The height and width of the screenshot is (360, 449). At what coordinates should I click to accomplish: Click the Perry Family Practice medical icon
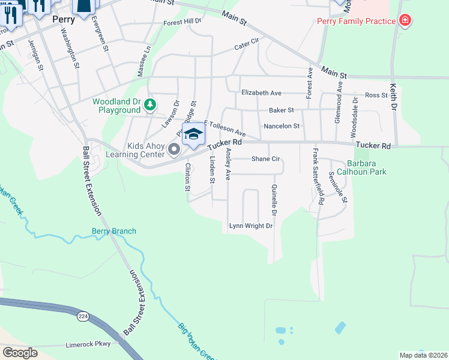tap(406, 21)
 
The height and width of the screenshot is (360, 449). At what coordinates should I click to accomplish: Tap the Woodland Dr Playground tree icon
tap(150, 106)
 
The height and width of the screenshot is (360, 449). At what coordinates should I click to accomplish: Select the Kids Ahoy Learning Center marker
tap(175, 149)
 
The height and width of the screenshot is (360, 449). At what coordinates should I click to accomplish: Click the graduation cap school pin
tap(193, 134)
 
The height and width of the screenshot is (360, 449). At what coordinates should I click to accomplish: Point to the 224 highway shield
tap(80, 316)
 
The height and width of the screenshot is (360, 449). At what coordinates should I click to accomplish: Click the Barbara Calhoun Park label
tap(367, 167)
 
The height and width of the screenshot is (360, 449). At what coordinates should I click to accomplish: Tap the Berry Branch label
tap(114, 231)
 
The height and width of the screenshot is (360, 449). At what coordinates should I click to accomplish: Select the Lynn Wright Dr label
tap(251, 226)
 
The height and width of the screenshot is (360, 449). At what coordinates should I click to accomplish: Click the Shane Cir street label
tap(266, 159)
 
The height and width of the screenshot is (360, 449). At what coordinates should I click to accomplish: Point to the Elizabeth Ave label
tap(261, 93)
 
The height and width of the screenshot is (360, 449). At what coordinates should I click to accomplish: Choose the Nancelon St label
tap(282, 126)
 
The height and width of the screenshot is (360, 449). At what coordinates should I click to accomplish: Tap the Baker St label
tap(281, 110)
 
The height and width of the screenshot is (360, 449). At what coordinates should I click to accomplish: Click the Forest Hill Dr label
tap(183, 22)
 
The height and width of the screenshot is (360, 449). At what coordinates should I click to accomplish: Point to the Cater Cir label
tap(246, 43)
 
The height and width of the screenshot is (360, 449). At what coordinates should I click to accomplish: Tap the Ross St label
tap(376, 95)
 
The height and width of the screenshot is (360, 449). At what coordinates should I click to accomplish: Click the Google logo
tap(20, 352)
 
